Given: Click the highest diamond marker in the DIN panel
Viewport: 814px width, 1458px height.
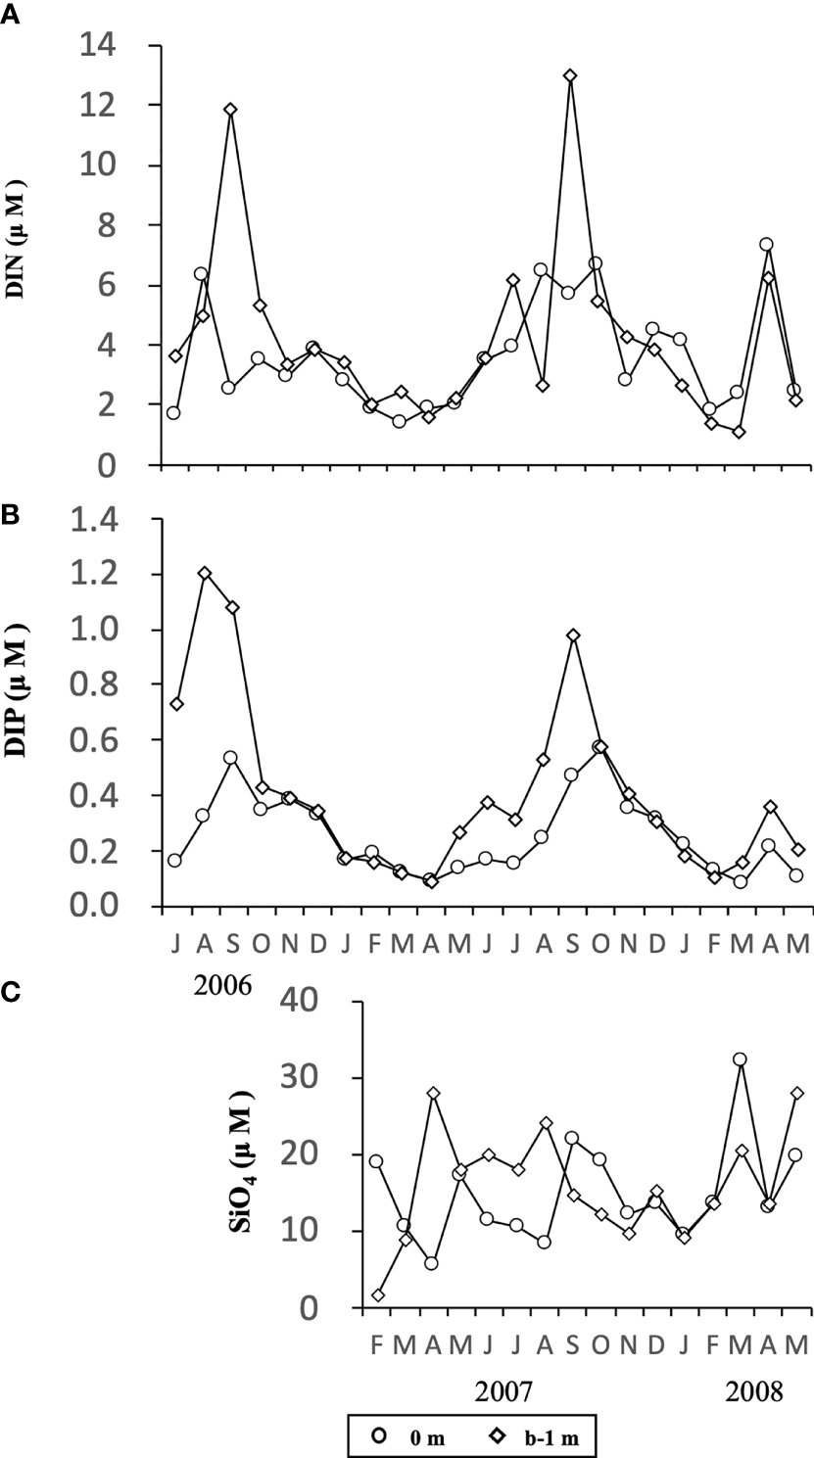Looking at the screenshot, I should [x=570, y=75].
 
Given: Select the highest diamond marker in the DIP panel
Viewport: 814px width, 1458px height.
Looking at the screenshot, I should [x=205, y=573].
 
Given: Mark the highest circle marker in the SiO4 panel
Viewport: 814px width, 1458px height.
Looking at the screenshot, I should [x=740, y=1059].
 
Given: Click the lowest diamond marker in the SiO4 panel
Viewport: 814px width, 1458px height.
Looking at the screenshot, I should [x=376, y=1295].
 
